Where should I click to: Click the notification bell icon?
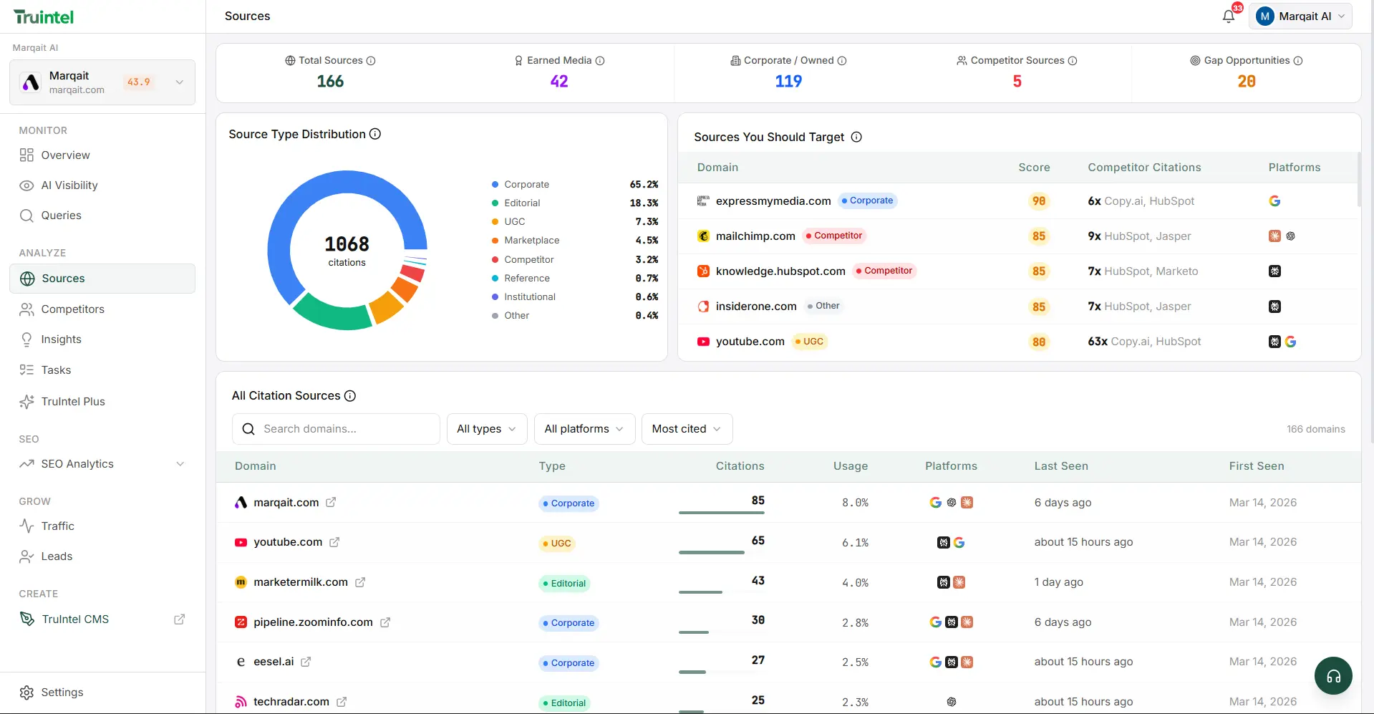pyautogui.click(x=1229, y=16)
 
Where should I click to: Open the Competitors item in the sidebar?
pyautogui.click(x=72, y=309)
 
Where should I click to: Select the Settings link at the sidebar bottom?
pyautogui.click(x=62, y=693)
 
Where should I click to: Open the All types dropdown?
pyautogui.click(x=486, y=429)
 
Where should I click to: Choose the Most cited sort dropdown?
pyautogui.click(x=686, y=429)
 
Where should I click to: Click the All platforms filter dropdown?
pyautogui.click(x=584, y=429)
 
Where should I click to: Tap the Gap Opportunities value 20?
pyautogui.click(x=1246, y=82)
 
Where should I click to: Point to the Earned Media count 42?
pyautogui.click(x=559, y=82)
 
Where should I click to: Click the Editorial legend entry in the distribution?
pyautogui.click(x=522, y=203)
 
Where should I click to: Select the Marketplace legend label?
pyautogui.click(x=531, y=241)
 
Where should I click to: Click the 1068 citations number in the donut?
pyautogui.click(x=347, y=244)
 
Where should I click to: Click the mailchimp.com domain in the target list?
pyautogui.click(x=755, y=236)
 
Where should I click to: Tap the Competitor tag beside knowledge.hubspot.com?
pyautogui.click(x=886, y=271)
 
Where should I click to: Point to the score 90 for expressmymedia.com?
pyautogui.click(x=1038, y=201)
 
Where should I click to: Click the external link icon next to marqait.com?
pyautogui.click(x=331, y=503)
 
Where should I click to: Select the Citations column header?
pyautogui.click(x=740, y=466)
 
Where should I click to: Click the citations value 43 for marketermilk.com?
pyautogui.click(x=758, y=581)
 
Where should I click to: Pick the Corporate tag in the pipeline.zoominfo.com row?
pyautogui.click(x=569, y=623)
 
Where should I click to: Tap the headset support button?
pyautogui.click(x=1333, y=676)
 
